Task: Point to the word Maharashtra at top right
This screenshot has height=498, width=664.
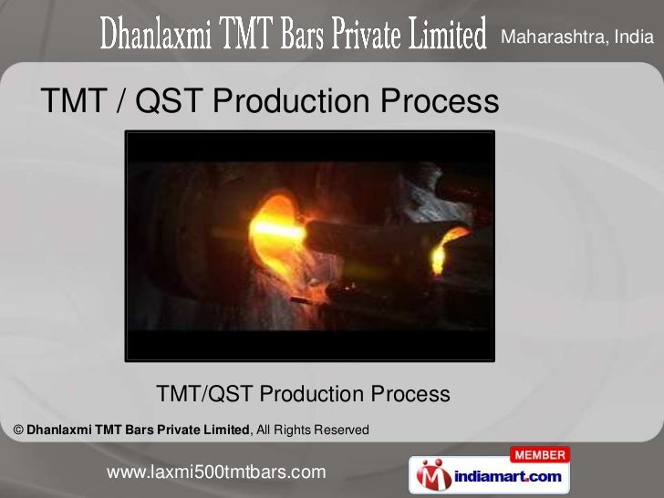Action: tap(556, 37)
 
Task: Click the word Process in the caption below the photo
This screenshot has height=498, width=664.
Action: tap(410, 394)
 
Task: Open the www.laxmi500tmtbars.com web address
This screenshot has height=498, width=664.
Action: tap(216, 472)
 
